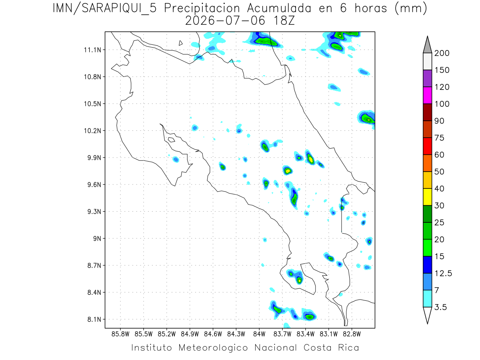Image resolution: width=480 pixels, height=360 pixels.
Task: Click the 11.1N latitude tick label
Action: pyautogui.click(x=92, y=50)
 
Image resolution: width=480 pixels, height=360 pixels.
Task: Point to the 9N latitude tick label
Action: pyautogui.click(x=97, y=238)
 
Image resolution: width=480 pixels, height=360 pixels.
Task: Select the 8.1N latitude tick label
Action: pyautogui.click(x=94, y=319)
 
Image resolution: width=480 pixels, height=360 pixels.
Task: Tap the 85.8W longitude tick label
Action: pyautogui.click(x=120, y=334)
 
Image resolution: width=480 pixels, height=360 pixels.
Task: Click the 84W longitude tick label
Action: pyautogui.click(x=259, y=334)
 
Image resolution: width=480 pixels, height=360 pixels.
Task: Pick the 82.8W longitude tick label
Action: pyautogui.click(x=352, y=334)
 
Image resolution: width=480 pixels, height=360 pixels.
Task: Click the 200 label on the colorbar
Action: pyautogui.click(x=442, y=53)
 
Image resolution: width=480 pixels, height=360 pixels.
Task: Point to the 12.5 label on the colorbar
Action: pyautogui.click(x=443, y=274)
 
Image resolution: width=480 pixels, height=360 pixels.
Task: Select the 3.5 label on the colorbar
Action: pyautogui.click(x=440, y=307)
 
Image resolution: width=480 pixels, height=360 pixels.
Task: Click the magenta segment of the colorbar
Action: pyautogui.click(x=427, y=95)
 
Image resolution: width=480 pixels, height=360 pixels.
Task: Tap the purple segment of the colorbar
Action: pyautogui.click(x=427, y=78)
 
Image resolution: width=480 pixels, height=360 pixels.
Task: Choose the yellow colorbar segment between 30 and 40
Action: pyautogui.click(x=427, y=197)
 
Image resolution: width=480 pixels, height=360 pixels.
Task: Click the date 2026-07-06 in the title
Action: pyautogui.click(x=225, y=21)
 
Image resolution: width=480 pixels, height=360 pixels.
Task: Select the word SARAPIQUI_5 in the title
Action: pyautogui.click(x=119, y=9)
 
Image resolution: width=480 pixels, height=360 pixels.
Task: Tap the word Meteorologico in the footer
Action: pyautogui.click(x=213, y=348)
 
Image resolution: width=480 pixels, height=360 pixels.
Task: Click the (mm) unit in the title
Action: pyautogui.click(x=411, y=9)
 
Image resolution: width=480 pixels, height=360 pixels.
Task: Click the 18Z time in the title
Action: pyautogui.click(x=284, y=21)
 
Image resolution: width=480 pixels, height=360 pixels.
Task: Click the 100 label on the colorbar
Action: pyautogui.click(x=442, y=104)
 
